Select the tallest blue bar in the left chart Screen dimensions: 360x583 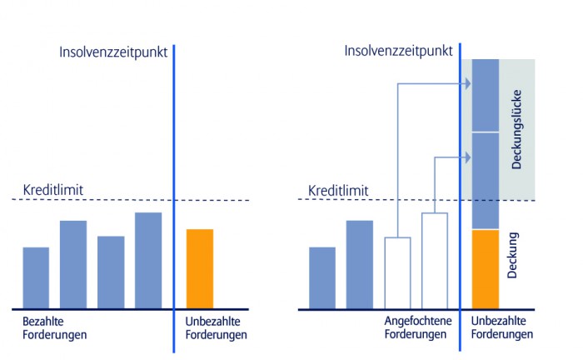148,260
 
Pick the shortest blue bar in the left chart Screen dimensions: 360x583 35,277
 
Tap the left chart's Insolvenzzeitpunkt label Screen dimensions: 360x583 113,52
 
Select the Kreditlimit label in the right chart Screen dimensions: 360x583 338,191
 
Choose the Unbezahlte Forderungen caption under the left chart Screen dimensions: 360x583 214,327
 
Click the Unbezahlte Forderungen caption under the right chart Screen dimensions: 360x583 502,327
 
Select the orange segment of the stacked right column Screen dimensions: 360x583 485,268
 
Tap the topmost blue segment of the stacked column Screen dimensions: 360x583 485,95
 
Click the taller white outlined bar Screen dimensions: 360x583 435,260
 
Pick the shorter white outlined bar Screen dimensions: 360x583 397,272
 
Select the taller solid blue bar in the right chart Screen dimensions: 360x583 359,264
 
